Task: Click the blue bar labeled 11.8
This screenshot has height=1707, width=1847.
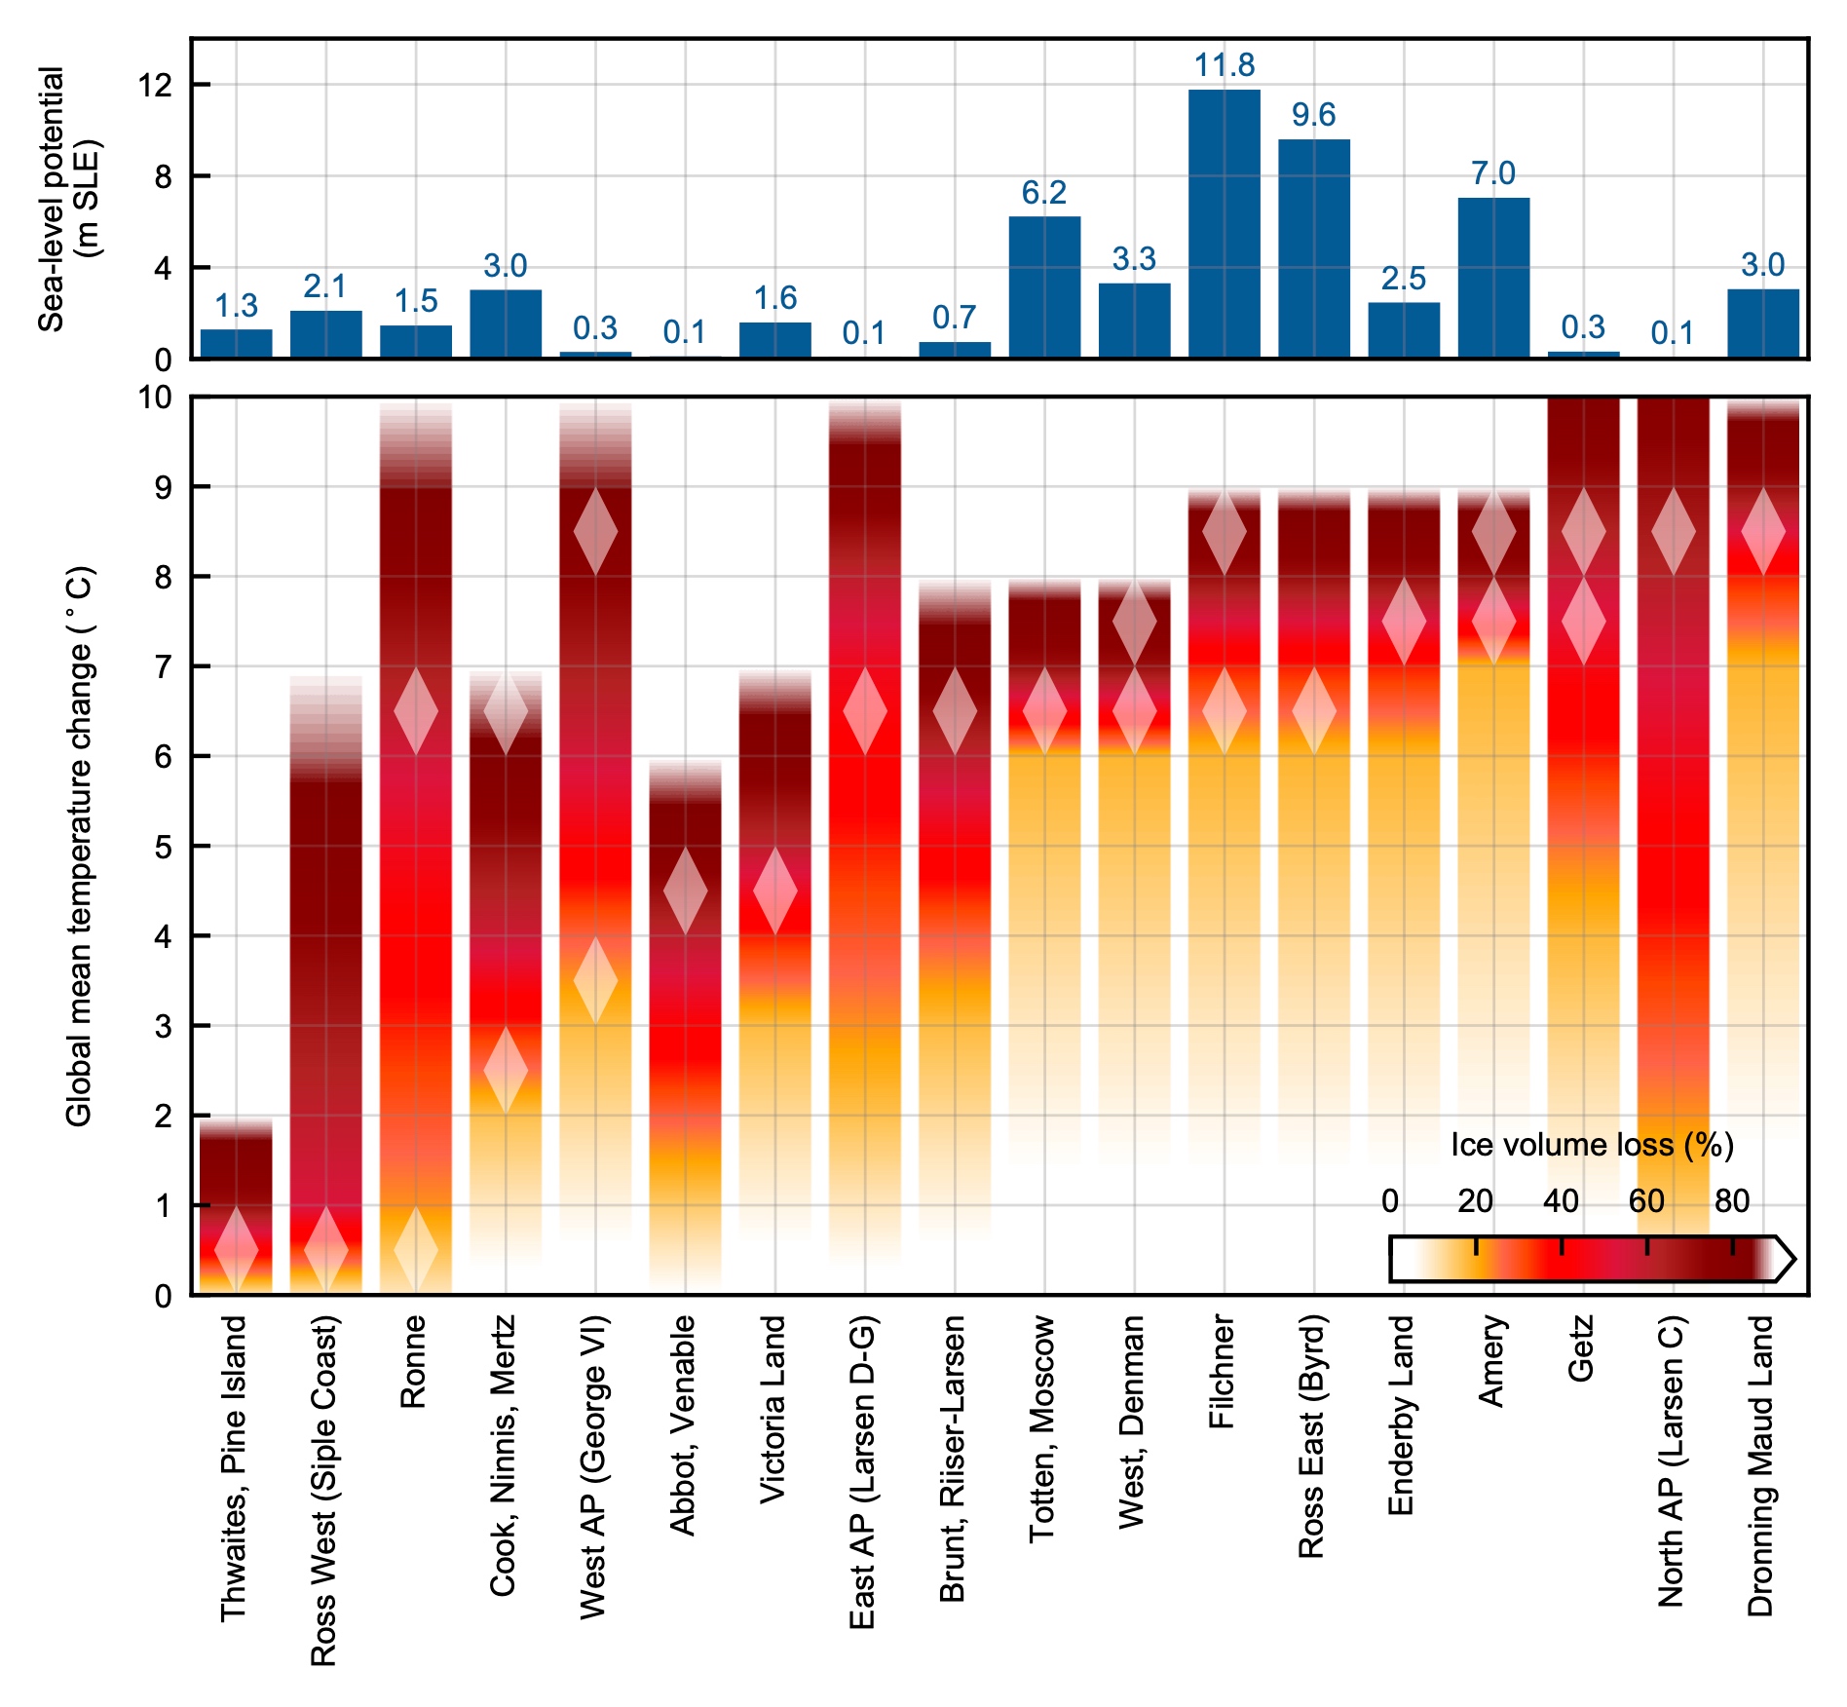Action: click(x=1224, y=224)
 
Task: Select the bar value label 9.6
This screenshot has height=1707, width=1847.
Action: click(x=1313, y=115)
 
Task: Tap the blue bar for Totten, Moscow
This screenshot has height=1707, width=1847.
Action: click(x=1044, y=287)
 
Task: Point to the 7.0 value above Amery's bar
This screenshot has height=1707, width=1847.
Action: click(x=1492, y=173)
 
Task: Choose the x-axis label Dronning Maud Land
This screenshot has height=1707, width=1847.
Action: click(x=1760, y=1465)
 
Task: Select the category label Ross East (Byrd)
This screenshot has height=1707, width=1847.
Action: click(x=1311, y=1436)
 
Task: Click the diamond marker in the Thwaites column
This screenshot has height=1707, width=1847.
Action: click(x=236, y=1249)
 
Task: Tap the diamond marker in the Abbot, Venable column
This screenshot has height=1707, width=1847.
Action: click(x=685, y=891)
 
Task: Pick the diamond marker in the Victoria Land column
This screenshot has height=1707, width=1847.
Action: click(x=775, y=891)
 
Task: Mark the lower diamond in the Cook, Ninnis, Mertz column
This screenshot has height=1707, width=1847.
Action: click(x=506, y=1070)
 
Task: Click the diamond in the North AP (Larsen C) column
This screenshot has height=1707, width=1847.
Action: click(x=1674, y=532)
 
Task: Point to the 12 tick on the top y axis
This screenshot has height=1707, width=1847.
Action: click(x=155, y=86)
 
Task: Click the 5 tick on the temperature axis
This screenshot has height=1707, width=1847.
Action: click(x=163, y=847)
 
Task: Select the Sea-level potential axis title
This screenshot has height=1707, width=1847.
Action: click(x=68, y=199)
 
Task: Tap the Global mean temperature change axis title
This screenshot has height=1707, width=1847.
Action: click(x=79, y=846)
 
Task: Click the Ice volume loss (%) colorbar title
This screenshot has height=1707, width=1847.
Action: click(x=1592, y=1145)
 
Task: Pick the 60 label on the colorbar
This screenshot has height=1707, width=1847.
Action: click(x=1646, y=1201)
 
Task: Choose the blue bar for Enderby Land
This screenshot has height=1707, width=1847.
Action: click(x=1403, y=330)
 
